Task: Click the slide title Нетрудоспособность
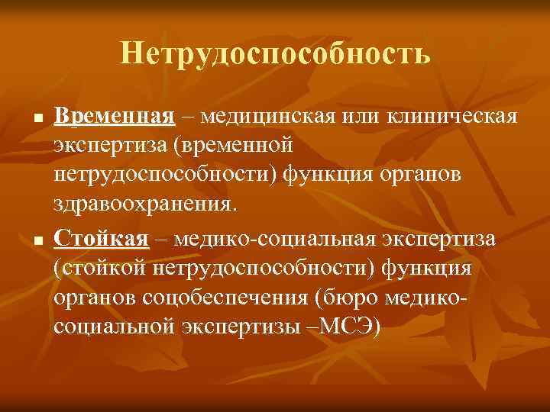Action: click(275, 53)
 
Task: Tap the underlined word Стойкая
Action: click(101, 239)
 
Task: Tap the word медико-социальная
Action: click(273, 239)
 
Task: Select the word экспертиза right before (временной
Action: click(104, 144)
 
